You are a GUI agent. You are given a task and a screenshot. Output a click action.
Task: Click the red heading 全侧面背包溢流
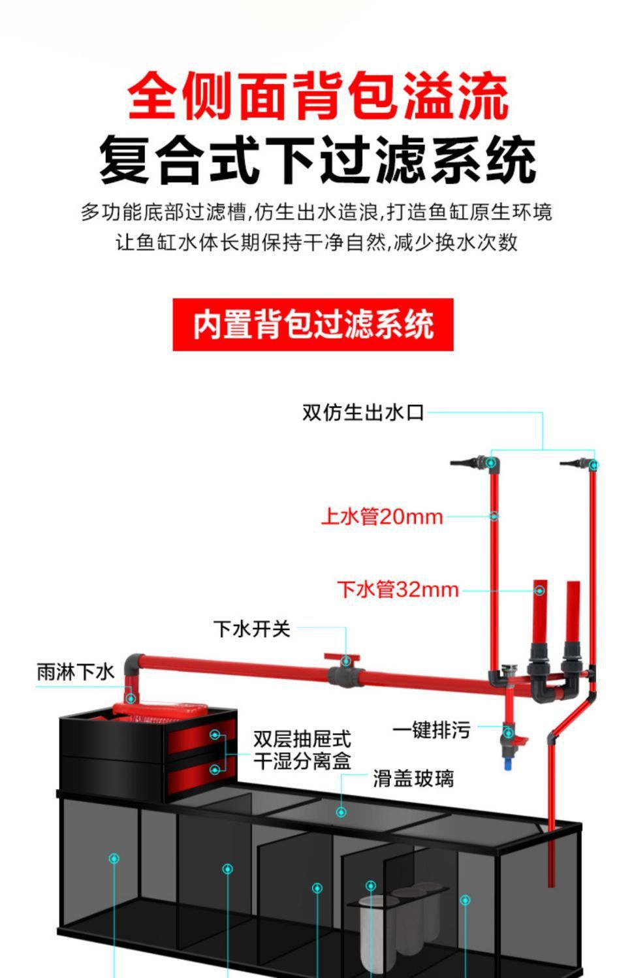tap(317, 97)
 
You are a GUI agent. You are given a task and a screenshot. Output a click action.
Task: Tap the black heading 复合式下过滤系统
tap(317, 159)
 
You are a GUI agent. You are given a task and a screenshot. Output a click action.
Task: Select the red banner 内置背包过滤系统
tap(313, 324)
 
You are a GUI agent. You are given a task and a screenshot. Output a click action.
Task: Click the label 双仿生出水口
tap(363, 413)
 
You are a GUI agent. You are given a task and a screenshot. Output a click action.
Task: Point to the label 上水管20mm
tap(382, 517)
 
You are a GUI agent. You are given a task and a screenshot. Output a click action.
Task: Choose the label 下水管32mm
tap(398, 590)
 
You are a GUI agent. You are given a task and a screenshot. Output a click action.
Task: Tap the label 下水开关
tap(251, 629)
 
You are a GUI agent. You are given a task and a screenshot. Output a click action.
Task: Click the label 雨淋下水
tap(75, 672)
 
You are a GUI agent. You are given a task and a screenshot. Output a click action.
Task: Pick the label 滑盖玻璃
tap(413, 778)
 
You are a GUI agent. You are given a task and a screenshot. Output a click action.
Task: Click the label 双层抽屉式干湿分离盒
tap(302, 750)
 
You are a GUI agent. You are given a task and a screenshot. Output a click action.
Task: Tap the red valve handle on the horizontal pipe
tap(343, 658)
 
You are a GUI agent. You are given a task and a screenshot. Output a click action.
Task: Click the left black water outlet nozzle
tap(467, 463)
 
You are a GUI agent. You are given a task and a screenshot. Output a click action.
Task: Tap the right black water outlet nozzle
tap(574, 463)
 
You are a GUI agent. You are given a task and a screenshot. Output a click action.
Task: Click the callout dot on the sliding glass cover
tap(341, 812)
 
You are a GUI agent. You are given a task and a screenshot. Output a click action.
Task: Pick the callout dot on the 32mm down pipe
tap(539, 590)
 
